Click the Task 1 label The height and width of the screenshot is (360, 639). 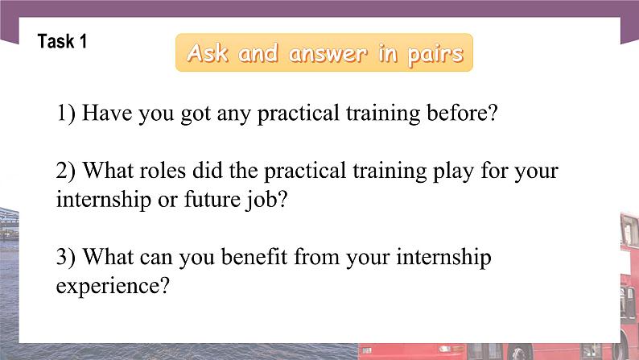[x=62, y=42]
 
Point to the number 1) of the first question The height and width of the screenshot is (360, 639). [x=66, y=114]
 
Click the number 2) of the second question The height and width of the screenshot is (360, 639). [x=66, y=172]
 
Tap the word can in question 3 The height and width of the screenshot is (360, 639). [x=163, y=259]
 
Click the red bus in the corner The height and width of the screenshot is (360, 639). [x=627, y=282]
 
